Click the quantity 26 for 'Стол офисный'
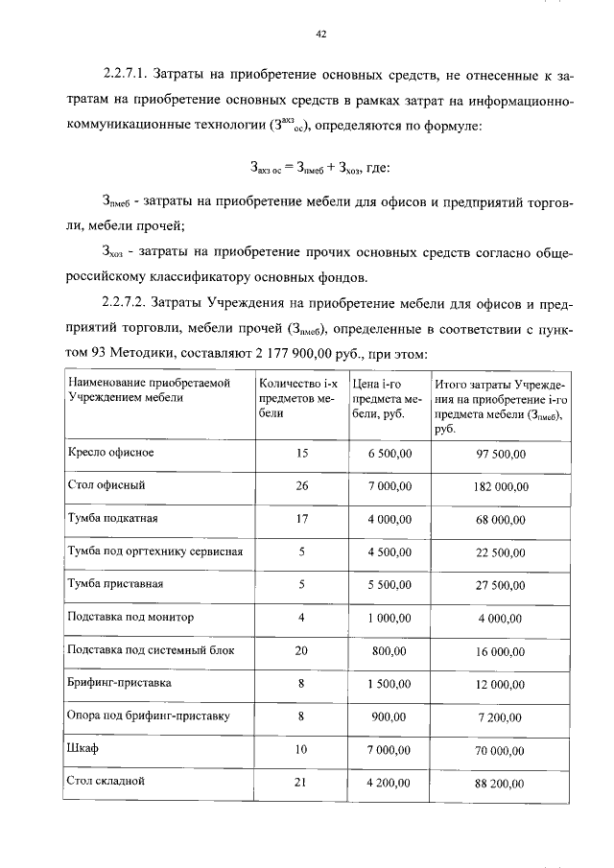(301, 486)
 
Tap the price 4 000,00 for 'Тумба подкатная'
(389, 519)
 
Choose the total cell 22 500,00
(501, 552)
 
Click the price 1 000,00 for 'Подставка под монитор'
(389, 618)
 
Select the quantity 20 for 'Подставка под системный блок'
(301, 650)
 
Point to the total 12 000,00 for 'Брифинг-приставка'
(501, 684)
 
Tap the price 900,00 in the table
(389, 716)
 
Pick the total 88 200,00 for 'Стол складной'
(501, 783)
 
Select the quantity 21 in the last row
(301, 781)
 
